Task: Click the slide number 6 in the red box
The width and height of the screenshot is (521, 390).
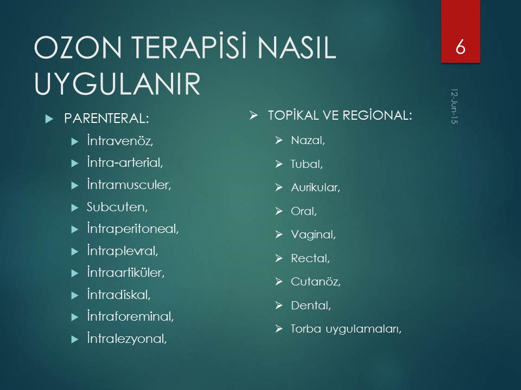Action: (460, 47)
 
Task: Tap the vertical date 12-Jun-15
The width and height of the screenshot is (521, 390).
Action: (454, 106)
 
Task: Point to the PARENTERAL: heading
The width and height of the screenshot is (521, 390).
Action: (106, 119)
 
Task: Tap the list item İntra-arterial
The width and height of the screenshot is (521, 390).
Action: (125, 162)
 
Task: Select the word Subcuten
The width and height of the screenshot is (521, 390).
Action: (117, 207)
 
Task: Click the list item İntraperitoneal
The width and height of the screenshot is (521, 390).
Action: (132, 229)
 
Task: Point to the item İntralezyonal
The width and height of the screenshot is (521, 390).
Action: (126, 338)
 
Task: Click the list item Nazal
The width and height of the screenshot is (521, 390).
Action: (308, 140)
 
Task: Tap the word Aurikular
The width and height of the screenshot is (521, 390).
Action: (315, 187)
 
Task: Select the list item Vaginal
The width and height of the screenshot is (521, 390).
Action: (313, 235)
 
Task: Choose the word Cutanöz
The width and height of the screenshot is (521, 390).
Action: (316, 282)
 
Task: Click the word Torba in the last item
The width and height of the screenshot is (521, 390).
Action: (306, 329)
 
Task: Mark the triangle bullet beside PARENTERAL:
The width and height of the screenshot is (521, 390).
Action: (49, 119)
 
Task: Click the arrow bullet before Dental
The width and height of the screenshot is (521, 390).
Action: (279, 305)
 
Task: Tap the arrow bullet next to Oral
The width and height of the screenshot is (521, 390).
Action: (279, 211)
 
